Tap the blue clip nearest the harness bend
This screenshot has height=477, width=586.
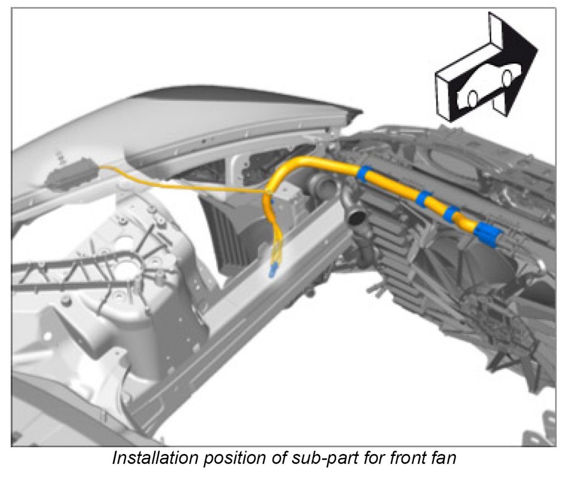click(364, 173)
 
